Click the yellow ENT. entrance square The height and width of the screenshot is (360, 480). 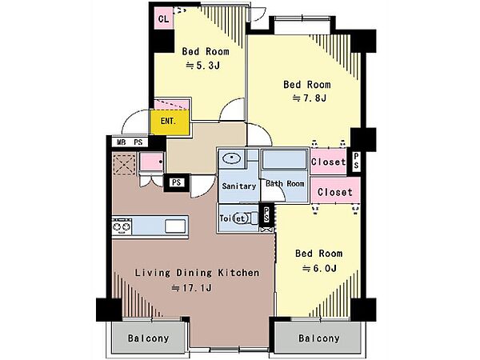tap(170, 122)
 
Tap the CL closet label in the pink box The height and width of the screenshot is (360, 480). tap(164, 19)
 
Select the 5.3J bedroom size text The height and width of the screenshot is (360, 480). tap(203, 66)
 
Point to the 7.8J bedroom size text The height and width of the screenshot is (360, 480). tap(310, 98)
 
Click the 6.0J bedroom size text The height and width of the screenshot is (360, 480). tap(319, 269)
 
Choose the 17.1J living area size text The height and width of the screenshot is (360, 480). tap(192, 288)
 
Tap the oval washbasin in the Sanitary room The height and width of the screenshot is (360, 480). tap(232, 158)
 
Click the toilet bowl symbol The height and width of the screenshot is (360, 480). tap(242, 218)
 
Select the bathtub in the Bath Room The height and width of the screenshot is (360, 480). tap(284, 159)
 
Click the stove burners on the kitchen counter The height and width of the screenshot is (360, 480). tap(122, 227)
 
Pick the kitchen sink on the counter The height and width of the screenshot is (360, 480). tap(175, 226)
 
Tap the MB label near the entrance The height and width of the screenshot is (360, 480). tap(122, 142)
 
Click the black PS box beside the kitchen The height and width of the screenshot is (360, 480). tap(177, 182)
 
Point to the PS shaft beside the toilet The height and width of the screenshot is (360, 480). tap(266, 214)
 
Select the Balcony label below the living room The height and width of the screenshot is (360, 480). tap(149, 338)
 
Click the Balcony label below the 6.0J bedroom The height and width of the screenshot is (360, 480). tap(319, 338)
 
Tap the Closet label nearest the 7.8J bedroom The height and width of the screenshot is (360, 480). tap(329, 162)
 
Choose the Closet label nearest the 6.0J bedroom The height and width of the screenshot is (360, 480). tap(335, 192)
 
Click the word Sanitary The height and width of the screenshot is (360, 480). tap(238, 186)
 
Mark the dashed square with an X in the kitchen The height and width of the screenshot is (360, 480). tap(124, 165)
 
